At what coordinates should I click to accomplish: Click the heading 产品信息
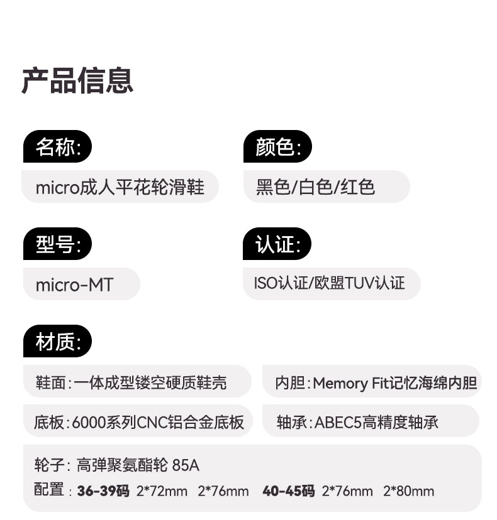click(x=77, y=81)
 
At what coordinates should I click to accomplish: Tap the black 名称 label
click(x=58, y=148)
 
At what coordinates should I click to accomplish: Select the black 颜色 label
click(x=277, y=148)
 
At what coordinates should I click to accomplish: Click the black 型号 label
click(x=58, y=244)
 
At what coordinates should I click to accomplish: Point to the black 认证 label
click(x=277, y=244)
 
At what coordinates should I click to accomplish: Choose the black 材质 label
click(x=58, y=342)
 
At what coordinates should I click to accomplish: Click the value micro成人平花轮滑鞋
click(x=120, y=187)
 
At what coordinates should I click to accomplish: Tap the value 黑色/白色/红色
click(x=316, y=187)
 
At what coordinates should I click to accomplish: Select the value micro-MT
click(x=75, y=284)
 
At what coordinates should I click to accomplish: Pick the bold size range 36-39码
click(x=103, y=491)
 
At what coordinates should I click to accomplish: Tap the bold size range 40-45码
click(x=288, y=491)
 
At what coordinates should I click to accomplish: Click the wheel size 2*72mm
click(x=162, y=491)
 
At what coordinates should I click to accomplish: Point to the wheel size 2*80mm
click(x=409, y=491)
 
